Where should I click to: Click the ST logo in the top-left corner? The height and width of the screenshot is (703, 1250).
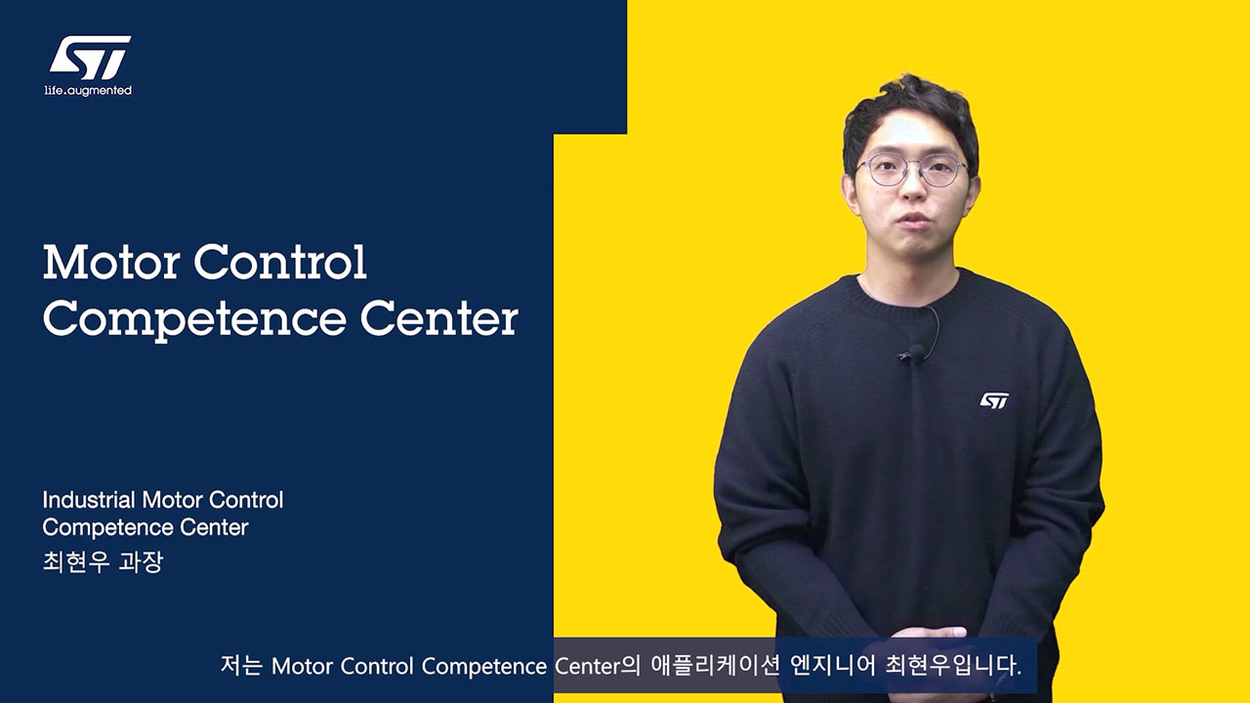tap(91, 58)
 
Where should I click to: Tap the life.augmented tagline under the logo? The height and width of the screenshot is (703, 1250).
tap(88, 91)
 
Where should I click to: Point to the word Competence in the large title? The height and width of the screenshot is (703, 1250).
tap(194, 320)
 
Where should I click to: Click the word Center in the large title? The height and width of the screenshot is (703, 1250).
tap(439, 318)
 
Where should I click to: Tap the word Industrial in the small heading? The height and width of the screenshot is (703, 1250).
tap(89, 500)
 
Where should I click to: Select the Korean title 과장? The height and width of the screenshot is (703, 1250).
tap(141, 561)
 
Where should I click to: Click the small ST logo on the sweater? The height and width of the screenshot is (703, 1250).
tap(994, 400)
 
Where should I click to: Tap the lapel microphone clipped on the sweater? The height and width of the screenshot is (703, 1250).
tap(915, 352)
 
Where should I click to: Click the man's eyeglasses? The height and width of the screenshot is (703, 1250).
tap(912, 170)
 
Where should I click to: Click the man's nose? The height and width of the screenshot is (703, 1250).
tap(913, 189)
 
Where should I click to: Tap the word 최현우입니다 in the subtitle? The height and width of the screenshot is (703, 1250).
tap(953, 666)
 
